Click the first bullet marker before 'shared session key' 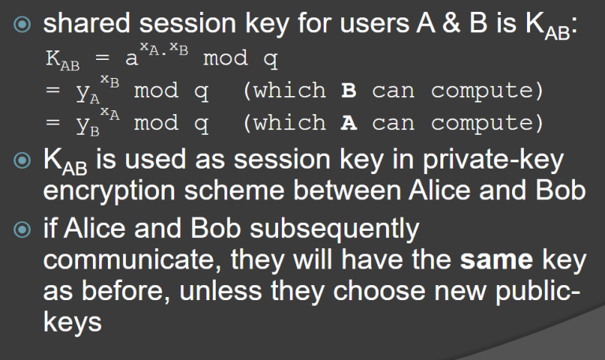pyautogui.click(x=22, y=24)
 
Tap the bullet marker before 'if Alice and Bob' pyautogui.click(x=22, y=229)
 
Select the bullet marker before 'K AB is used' pyautogui.click(x=22, y=161)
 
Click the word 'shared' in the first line pyautogui.click(x=87, y=23)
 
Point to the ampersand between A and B pyautogui.click(x=451, y=23)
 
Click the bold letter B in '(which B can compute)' pyautogui.click(x=349, y=91)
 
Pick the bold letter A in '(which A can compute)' pyautogui.click(x=349, y=123)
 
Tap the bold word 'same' pyautogui.click(x=496, y=260)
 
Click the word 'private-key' pyautogui.click(x=493, y=160)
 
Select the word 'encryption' pyautogui.click(x=109, y=191)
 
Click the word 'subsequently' pyautogui.click(x=334, y=229)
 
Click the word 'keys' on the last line pyautogui.click(x=72, y=322)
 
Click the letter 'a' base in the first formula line pyautogui.click(x=132, y=59)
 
